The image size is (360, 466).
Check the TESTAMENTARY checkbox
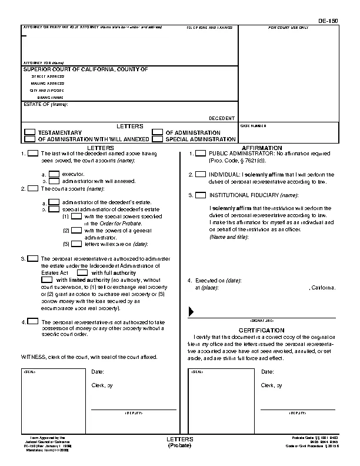(29, 133)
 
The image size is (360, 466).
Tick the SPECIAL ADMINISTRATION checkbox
(157, 140)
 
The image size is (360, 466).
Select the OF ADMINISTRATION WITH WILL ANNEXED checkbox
(29, 140)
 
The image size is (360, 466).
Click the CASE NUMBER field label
(253, 126)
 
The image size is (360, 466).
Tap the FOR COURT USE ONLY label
(288, 28)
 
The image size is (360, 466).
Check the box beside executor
(54, 174)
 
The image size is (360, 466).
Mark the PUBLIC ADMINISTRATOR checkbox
(201, 154)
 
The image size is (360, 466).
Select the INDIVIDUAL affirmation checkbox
(201, 174)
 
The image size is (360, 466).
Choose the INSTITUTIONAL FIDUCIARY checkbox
(201, 195)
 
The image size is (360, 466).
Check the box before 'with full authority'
(82, 273)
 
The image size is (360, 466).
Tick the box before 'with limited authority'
(47, 280)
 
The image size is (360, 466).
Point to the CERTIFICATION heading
(262, 330)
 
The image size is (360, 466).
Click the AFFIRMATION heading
(262, 147)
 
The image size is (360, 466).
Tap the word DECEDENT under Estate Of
(222, 118)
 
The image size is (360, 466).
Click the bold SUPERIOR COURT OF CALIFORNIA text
(85, 69)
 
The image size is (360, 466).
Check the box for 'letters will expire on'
(76, 244)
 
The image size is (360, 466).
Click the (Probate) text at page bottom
(175, 445)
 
